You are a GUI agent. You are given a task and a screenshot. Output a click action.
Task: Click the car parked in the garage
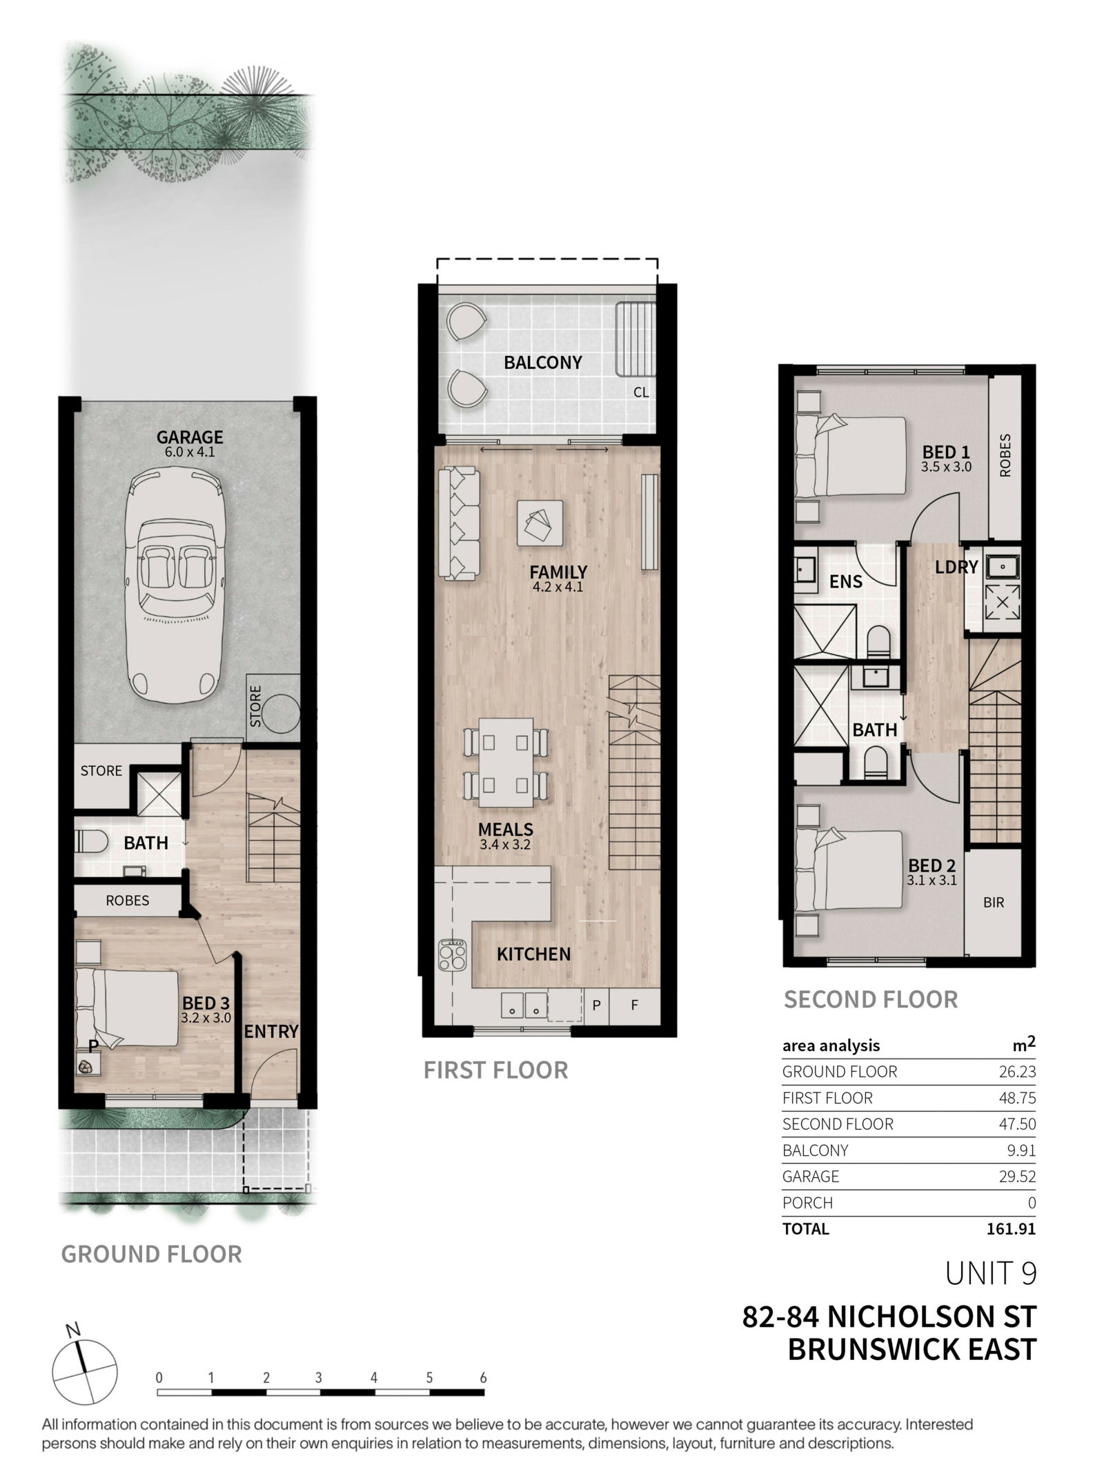click(x=175, y=584)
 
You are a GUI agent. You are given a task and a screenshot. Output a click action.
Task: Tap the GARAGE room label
click(x=190, y=437)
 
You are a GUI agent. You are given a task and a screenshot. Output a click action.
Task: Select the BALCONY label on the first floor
click(x=542, y=363)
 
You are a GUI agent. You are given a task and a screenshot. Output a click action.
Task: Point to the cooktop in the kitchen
click(x=453, y=955)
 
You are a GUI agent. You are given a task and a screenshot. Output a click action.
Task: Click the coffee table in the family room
click(x=540, y=524)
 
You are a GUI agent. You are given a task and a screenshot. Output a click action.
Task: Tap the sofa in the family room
click(x=458, y=523)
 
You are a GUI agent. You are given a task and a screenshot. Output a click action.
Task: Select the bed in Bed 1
click(x=850, y=456)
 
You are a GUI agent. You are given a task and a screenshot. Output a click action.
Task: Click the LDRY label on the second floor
click(x=956, y=567)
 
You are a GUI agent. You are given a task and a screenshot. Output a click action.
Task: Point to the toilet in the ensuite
click(x=879, y=641)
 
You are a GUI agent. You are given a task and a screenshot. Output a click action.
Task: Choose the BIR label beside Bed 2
click(x=994, y=902)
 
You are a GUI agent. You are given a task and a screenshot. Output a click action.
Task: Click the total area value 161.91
click(x=1011, y=1228)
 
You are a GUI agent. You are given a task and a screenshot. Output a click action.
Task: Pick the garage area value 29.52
click(x=1017, y=1176)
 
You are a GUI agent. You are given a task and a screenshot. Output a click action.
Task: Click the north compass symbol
click(x=85, y=1371)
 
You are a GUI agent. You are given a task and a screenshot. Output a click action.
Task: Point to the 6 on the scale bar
click(x=483, y=1378)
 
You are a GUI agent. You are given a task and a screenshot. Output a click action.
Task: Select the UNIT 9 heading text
click(x=991, y=1274)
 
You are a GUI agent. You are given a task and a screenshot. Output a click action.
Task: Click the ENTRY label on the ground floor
click(x=271, y=1032)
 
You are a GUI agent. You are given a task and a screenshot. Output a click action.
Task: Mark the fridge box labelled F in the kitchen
click(x=635, y=1005)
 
